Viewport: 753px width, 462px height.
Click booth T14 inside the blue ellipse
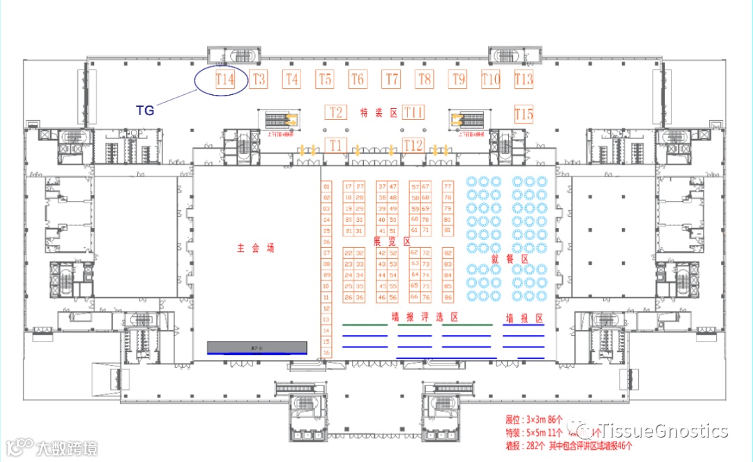[x=225, y=80]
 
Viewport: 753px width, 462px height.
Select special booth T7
[x=392, y=80]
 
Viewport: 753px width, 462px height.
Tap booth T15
[x=523, y=114]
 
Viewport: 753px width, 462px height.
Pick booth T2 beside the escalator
[x=336, y=112]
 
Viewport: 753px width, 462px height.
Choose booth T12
[x=413, y=145]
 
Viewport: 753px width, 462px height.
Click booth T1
[x=337, y=145]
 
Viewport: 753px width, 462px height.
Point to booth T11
[x=413, y=112]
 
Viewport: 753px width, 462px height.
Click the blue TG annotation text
[x=145, y=110]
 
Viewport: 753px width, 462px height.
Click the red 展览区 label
[x=392, y=241]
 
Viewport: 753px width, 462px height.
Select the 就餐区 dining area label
[x=510, y=259]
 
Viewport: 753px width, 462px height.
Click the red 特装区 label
[x=378, y=113]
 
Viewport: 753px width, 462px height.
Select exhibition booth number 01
[x=326, y=186]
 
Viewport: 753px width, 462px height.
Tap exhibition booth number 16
[x=326, y=352]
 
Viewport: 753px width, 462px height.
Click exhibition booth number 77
[x=448, y=186]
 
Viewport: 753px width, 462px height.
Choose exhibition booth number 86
[x=448, y=297]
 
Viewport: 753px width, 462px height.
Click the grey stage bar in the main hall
[x=257, y=347]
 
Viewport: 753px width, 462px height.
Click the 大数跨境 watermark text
[x=67, y=447]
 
